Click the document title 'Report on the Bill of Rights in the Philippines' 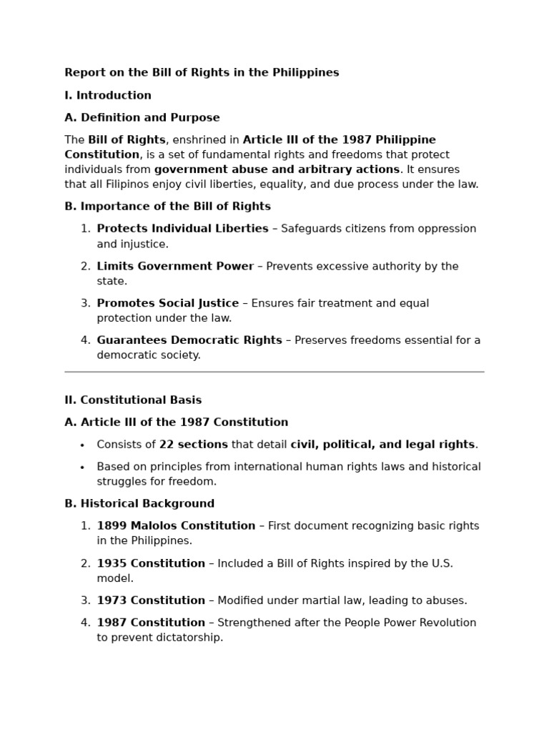tap(202, 73)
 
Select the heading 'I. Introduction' tap(108, 96)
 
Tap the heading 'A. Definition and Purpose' tap(142, 118)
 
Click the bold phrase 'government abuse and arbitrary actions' tap(277, 170)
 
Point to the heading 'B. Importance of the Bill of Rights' tap(167, 207)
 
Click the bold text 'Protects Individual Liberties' tap(182, 229)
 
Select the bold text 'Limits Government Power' tap(175, 267)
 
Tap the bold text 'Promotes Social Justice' tap(168, 304)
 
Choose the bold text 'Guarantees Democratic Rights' tap(189, 340)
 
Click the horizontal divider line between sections tap(274, 372)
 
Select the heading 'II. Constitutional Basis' tap(133, 400)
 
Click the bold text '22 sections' tap(193, 445)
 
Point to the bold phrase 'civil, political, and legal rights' tap(382, 445)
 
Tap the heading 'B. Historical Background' tap(139, 504)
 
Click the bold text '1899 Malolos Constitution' tap(176, 526)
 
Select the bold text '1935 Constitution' tap(151, 564)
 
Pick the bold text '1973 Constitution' tap(151, 601)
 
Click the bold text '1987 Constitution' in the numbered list tap(151, 623)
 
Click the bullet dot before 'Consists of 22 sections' tap(82, 445)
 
